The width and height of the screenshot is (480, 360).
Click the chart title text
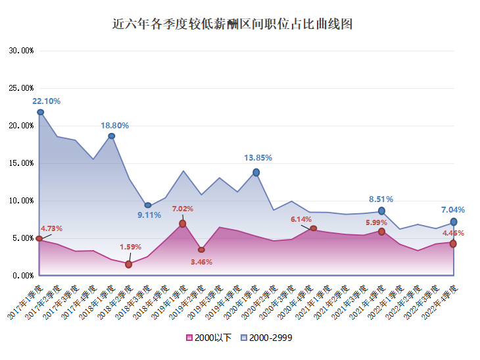[x=233, y=25]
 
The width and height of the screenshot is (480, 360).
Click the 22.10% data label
[x=47, y=101]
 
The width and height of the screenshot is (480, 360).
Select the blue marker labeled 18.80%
[x=112, y=136]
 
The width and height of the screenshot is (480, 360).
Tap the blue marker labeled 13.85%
[x=256, y=172]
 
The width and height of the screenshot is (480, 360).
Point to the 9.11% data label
[x=149, y=215]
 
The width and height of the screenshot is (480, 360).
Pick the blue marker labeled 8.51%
[x=381, y=211]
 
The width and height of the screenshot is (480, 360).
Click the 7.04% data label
[x=453, y=210]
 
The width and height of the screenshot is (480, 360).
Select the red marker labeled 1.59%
[x=129, y=265]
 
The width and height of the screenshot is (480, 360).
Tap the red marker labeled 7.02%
[x=182, y=224]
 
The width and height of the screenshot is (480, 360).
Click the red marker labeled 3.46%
[x=201, y=250]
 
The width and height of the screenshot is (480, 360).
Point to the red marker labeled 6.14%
[x=314, y=228]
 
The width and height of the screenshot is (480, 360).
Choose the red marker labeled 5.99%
[x=381, y=231]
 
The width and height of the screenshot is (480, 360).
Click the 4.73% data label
[x=51, y=229]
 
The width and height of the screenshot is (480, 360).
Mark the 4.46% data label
[x=453, y=233]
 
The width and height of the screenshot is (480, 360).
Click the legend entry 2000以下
[x=209, y=338]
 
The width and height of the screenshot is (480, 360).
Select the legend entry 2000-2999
[x=266, y=338]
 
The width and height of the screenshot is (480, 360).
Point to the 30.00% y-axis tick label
[x=21, y=51]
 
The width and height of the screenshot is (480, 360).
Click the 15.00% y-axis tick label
[x=21, y=163]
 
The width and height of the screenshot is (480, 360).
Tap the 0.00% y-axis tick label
[x=23, y=276]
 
